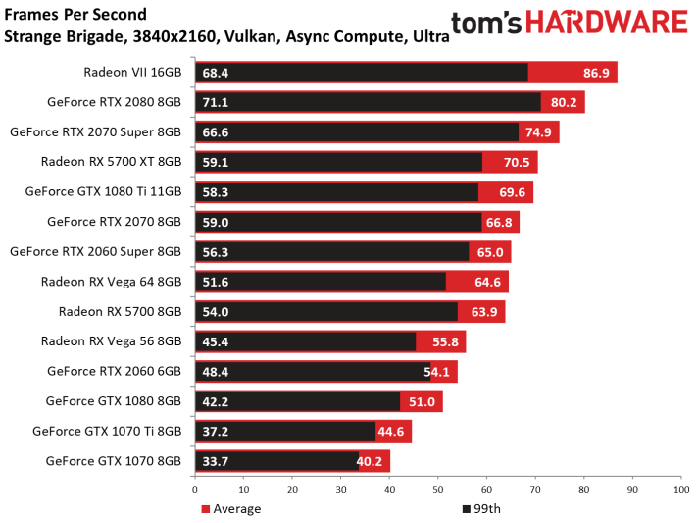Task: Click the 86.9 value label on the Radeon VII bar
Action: [596, 73]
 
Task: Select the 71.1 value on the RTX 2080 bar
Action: [215, 102]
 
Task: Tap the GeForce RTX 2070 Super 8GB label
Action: [95, 132]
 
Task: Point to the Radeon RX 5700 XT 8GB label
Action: [111, 162]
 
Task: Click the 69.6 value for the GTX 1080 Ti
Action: [512, 192]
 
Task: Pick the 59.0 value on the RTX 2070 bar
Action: [215, 222]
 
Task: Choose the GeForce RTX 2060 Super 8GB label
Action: [95, 252]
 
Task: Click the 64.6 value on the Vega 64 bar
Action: [487, 282]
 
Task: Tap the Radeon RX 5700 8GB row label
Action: [120, 312]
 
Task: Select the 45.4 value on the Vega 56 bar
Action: [215, 341]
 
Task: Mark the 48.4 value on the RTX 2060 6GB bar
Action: [215, 372]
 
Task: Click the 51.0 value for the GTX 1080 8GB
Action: [422, 402]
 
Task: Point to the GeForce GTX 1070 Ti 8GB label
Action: [107, 432]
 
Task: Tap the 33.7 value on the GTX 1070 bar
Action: [215, 461]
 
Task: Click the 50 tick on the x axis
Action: [438, 490]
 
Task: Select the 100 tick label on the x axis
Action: [681, 490]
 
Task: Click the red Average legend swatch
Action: [205, 509]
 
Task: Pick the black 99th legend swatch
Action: [467, 509]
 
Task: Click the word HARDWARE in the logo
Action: [607, 23]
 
